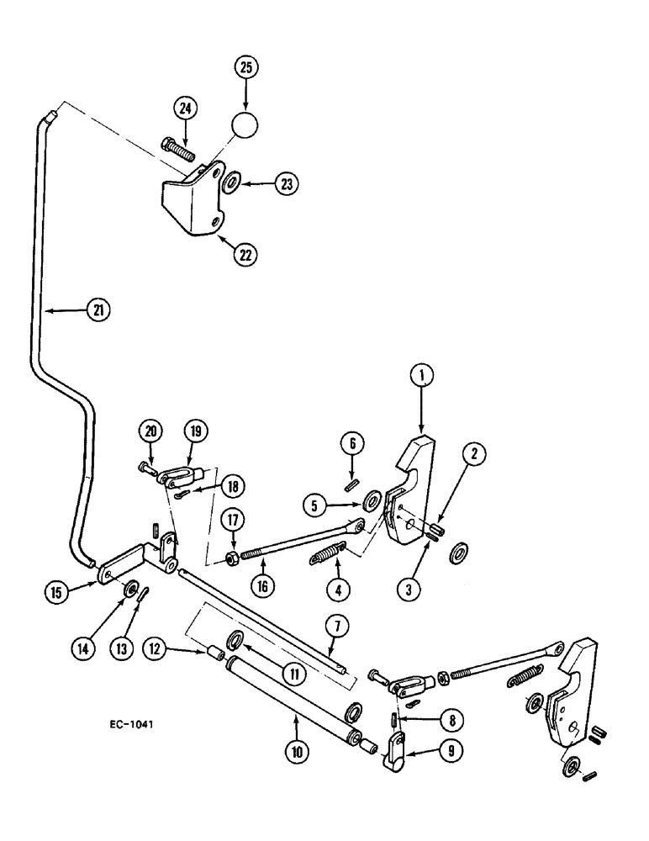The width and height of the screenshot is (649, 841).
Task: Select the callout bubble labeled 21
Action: click(x=98, y=310)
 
